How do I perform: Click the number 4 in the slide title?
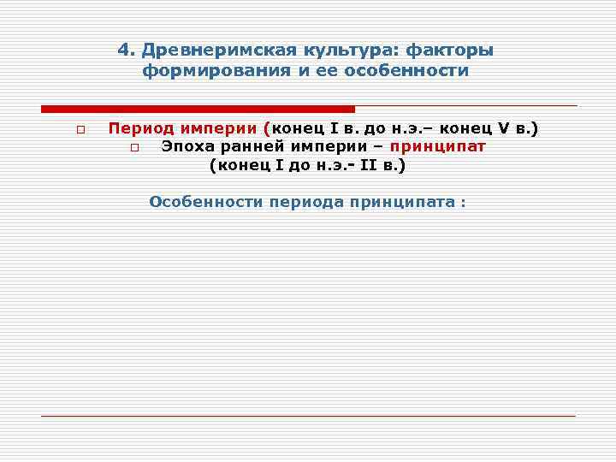point(123,50)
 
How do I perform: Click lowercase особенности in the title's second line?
point(406,71)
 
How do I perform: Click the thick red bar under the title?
point(198,109)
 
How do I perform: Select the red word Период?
point(140,129)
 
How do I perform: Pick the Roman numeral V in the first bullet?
point(503,129)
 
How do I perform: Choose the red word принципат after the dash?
point(437,146)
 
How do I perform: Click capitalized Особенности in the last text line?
point(205,203)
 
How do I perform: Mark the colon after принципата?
point(463,204)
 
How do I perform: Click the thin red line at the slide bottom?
point(308,416)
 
